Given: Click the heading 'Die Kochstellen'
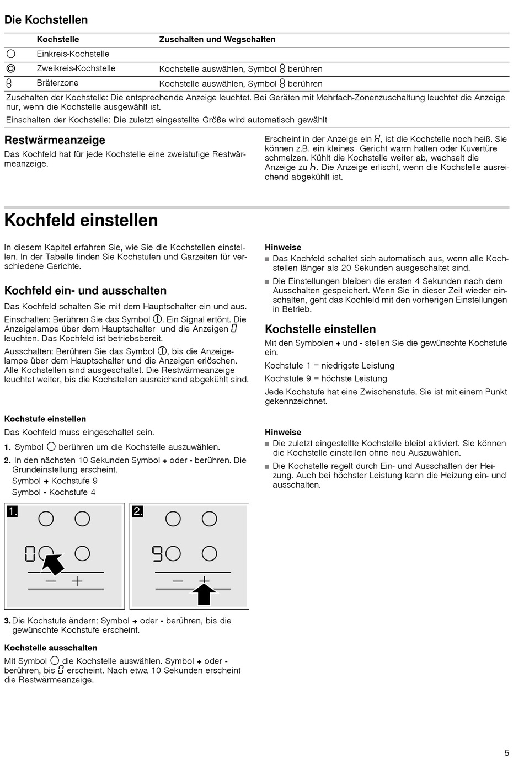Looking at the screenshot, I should pyautogui.click(x=46, y=20).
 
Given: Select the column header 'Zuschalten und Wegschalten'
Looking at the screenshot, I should pyautogui.click(x=217, y=40).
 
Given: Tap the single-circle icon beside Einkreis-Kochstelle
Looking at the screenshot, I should pyautogui.click(x=11, y=54).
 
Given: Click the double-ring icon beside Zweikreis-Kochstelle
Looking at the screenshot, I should pyautogui.click(x=11, y=68).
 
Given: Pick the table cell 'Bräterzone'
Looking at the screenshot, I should pyautogui.click(x=57, y=83).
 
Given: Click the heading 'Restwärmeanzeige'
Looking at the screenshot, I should pyautogui.click(x=55, y=140).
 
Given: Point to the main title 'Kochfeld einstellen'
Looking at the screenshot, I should pyautogui.click(x=81, y=220).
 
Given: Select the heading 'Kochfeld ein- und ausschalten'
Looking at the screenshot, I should pyautogui.click(x=85, y=291).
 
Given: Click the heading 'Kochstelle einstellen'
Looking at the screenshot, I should pyautogui.click(x=320, y=329).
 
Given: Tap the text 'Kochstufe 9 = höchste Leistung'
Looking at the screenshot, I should pyautogui.click(x=326, y=378).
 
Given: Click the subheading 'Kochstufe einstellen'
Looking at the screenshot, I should pyautogui.click(x=45, y=419).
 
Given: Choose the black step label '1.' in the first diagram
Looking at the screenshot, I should pyautogui.click(x=12, y=512).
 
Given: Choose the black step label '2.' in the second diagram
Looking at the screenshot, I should pyautogui.click(x=137, y=512).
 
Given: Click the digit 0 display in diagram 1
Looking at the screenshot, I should pyautogui.click(x=30, y=553).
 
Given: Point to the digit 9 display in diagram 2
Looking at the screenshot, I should pyautogui.click(x=157, y=553).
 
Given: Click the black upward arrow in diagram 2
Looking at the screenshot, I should pyautogui.click(x=204, y=594).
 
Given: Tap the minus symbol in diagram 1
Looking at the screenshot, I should pyautogui.click(x=51, y=581).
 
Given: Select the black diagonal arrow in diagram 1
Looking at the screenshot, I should pyautogui.click(x=54, y=564).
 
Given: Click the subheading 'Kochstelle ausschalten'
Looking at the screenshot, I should pyautogui.click(x=51, y=648).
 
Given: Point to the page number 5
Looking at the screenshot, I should pyautogui.click(x=506, y=752).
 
